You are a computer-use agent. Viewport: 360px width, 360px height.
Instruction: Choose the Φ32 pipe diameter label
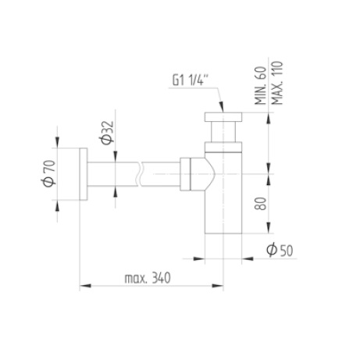pos(107,133)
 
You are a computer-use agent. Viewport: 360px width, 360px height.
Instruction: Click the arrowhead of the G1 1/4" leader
pos(221,109)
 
